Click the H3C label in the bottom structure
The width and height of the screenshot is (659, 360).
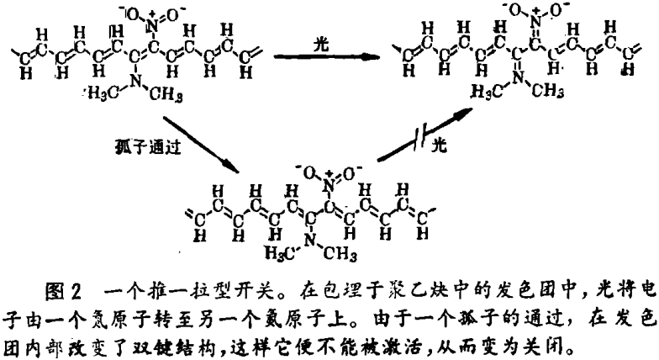(x=280, y=252)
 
